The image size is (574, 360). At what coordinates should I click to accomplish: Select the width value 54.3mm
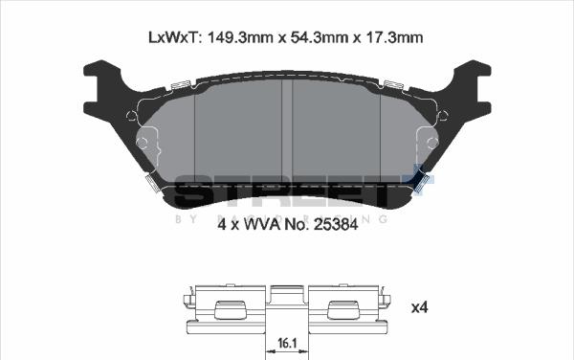310,37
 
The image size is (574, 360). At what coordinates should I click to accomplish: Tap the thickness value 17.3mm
390,37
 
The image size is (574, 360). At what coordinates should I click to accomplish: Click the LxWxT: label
173,37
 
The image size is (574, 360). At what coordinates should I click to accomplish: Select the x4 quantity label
419,307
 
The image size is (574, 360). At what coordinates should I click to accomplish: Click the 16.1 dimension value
286,341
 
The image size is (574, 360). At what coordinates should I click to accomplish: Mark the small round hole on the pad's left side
143,144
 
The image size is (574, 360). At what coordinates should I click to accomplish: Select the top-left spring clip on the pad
179,87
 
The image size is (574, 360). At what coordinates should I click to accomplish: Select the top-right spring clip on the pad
394,87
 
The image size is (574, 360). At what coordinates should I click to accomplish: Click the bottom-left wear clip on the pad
151,183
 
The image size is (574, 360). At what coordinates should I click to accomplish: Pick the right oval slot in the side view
342,311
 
